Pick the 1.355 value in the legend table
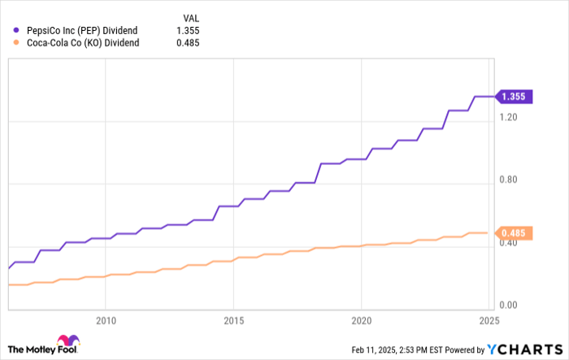click(189, 31)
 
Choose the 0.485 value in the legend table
click(189, 43)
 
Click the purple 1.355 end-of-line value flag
click(514, 97)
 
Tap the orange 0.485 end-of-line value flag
click(514, 233)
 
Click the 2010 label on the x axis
click(106, 319)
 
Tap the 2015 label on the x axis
click(233, 319)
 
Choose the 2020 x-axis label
click(361, 319)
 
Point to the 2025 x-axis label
click(489, 319)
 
